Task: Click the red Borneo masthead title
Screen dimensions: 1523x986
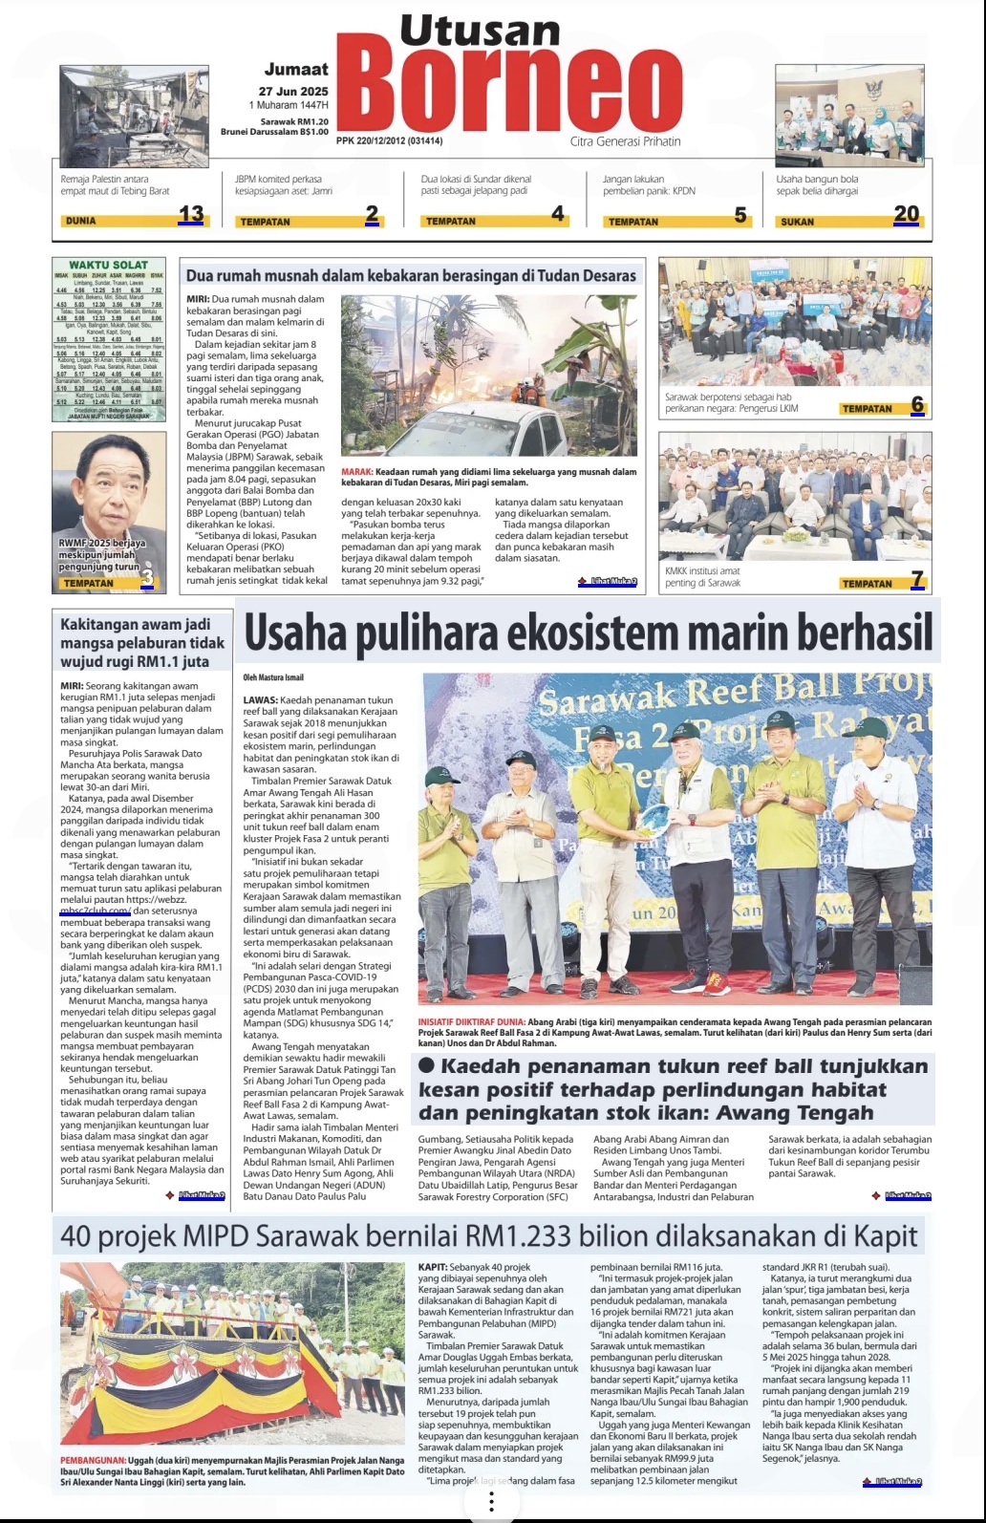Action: coord(508,88)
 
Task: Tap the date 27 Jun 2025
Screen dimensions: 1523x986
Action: coord(293,92)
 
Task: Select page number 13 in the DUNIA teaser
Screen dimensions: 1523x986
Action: coord(191,214)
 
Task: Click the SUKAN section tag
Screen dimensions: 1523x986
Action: coord(798,222)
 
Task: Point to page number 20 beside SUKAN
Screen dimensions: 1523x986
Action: coord(906,214)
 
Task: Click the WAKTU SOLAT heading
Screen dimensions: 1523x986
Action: coord(108,265)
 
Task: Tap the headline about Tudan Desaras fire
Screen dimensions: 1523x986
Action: coord(411,275)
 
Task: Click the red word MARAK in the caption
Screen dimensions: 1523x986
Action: coord(356,472)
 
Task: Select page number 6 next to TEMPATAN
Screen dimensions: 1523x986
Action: coord(917,404)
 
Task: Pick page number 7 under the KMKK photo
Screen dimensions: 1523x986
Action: coord(917,579)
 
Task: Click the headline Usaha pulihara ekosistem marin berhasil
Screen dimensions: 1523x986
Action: coord(588,632)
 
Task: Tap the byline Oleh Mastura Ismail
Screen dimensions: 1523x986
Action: coord(273,677)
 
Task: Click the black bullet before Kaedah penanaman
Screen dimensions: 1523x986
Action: coord(426,1065)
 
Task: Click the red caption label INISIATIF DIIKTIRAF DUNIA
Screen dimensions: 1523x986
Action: coord(471,1021)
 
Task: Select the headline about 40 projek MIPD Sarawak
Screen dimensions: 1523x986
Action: coord(488,1236)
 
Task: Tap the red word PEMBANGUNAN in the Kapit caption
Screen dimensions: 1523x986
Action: coord(93,1461)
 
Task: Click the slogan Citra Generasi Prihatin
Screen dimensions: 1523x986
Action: coord(626,141)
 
